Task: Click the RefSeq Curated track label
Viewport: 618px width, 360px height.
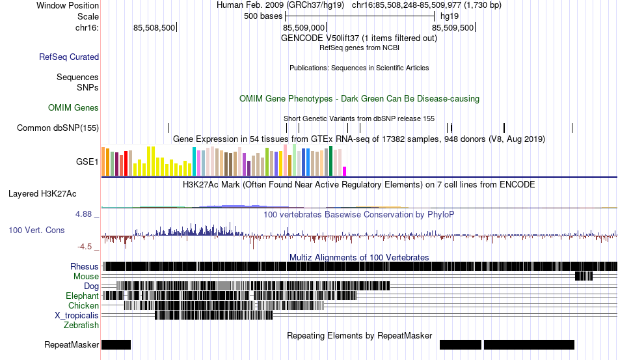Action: click(x=69, y=57)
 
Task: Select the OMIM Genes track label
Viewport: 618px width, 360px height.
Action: click(x=74, y=107)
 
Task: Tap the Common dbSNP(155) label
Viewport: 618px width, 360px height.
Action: click(x=58, y=128)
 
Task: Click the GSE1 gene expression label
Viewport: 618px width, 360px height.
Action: click(x=87, y=161)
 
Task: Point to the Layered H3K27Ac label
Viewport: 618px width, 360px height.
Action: click(x=42, y=193)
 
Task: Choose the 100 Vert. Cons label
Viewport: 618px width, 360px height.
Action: click(x=36, y=230)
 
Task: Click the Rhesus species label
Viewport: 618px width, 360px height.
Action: click(x=85, y=266)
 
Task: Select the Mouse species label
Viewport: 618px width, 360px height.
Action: click(x=86, y=277)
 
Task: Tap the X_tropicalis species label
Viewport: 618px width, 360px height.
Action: click(x=77, y=316)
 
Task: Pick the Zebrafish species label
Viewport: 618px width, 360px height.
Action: click(x=81, y=325)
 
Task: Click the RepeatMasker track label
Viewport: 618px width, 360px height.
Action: click(x=72, y=344)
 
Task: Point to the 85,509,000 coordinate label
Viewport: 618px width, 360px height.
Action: click(x=304, y=27)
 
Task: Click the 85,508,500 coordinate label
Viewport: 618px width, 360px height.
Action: click(x=154, y=27)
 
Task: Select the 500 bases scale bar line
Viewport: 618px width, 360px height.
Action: click(x=360, y=16)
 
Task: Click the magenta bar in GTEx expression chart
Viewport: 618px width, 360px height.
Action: click(x=345, y=171)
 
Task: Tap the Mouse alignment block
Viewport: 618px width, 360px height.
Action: click(x=584, y=276)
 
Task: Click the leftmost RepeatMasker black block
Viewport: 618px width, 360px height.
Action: click(x=116, y=344)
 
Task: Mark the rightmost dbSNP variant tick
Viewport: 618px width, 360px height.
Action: click(x=572, y=128)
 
